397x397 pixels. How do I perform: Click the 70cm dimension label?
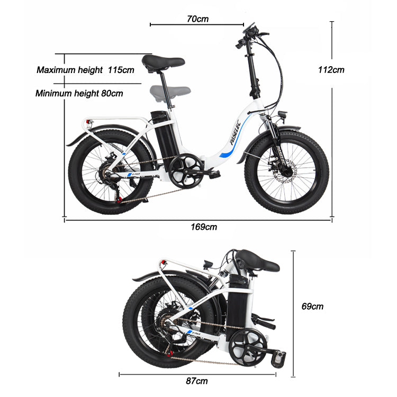[197, 19]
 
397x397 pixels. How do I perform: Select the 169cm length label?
[204, 227]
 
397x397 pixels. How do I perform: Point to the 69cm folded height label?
[312, 306]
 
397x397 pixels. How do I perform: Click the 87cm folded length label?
[197, 381]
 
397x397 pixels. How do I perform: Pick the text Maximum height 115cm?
[85, 69]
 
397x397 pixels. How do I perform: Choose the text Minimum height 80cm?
[79, 93]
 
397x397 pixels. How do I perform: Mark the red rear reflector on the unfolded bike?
[91, 123]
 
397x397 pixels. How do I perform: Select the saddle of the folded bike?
[257, 260]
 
